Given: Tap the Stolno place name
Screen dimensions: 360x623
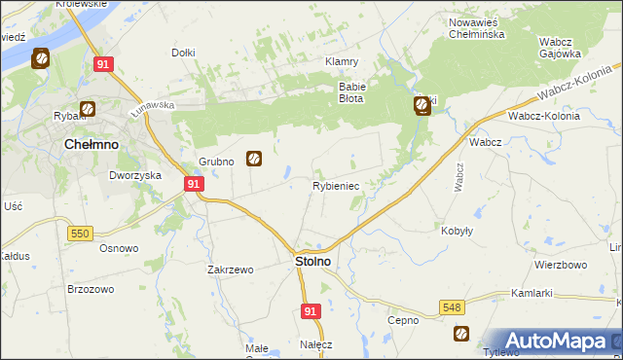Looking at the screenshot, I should pyautogui.click(x=311, y=262).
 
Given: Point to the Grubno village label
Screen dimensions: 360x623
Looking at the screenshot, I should pyautogui.click(x=217, y=162).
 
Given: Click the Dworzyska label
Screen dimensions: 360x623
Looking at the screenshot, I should pyautogui.click(x=133, y=175).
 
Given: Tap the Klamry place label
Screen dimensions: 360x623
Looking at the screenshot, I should pyautogui.click(x=342, y=61).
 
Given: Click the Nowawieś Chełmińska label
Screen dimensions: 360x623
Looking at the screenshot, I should pyautogui.click(x=476, y=28).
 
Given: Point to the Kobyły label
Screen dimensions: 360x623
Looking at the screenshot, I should pyautogui.click(x=457, y=231).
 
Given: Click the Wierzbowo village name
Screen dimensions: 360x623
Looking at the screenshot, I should pyautogui.click(x=560, y=265).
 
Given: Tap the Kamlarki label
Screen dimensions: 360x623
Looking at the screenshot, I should pyautogui.click(x=531, y=293).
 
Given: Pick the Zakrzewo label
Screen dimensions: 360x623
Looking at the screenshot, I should pyautogui.click(x=230, y=270).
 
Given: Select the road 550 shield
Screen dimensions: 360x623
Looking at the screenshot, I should pyautogui.click(x=80, y=234).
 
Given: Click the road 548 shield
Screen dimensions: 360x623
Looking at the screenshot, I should pyautogui.click(x=451, y=306).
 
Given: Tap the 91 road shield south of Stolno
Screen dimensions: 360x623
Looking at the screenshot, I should pyautogui.click(x=310, y=310).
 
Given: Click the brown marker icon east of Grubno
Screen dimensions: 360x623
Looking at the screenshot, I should pyautogui.click(x=254, y=157).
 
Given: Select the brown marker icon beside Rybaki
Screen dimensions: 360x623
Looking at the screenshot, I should pyautogui.click(x=87, y=109).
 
